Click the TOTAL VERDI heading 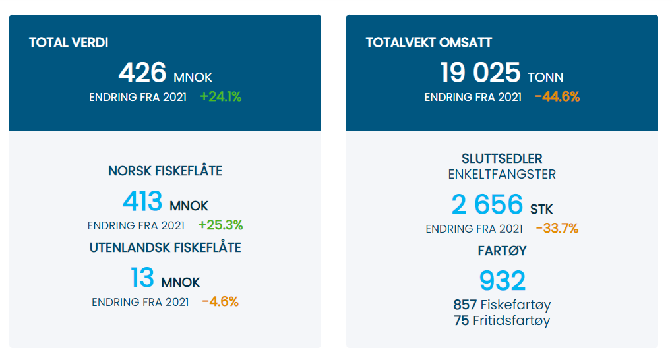(69, 43)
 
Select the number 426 (142, 73)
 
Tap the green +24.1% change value (220, 97)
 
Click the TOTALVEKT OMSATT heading (429, 43)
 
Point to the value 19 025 (480, 73)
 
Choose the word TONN (545, 77)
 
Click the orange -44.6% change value (557, 97)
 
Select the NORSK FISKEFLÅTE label (165, 171)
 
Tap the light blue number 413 (142, 202)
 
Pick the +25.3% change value (220, 225)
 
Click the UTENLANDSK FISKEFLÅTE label (165, 248)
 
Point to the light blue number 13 (142, 278)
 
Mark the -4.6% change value (220, 302)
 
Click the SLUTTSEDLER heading (502, 159)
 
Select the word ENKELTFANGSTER (502, 175)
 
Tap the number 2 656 (487, 205)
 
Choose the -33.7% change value (557, 229)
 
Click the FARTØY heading (502, 251)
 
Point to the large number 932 (502, 281)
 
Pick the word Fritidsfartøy (512, 321)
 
